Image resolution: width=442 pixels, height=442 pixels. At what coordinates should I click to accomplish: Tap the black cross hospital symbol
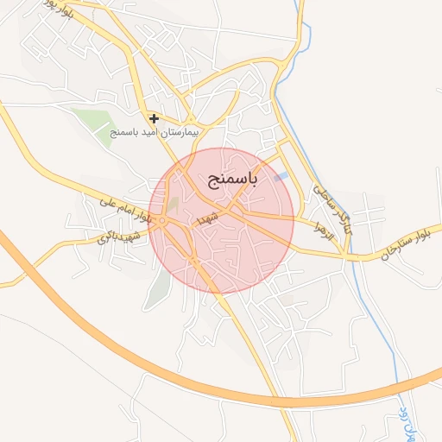[154, 118]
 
